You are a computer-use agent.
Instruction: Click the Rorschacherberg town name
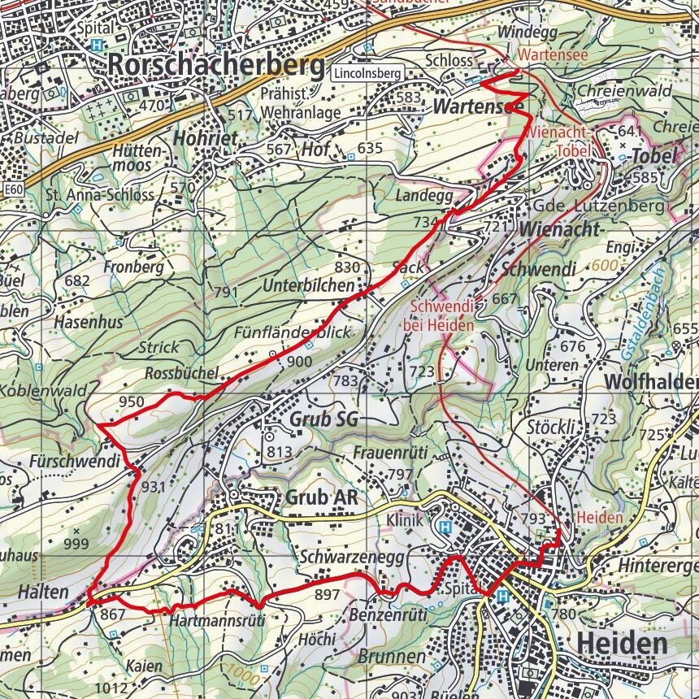click(x=215, y=65)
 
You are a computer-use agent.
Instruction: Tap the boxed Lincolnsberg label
click(x=367, y=73)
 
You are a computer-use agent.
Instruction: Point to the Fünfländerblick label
click(x=292, y=332)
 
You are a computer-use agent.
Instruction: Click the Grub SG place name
click(x=323, y=419)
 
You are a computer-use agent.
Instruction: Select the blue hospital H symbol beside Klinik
click(x=445, y=527)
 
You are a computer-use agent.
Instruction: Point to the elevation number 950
click(x=131, y=402)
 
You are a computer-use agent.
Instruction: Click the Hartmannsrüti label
click(x=217, y=621)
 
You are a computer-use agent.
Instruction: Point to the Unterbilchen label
click(x=308, y=285)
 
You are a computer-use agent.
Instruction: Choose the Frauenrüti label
click(x=390, y=452)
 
